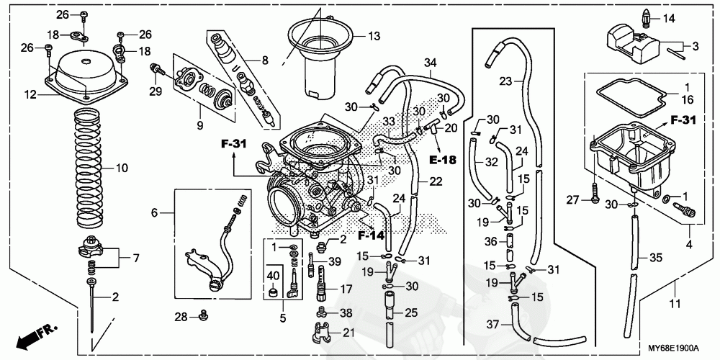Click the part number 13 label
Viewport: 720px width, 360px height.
[x=374, y=36]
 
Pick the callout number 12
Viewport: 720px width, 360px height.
[x=30, y=96]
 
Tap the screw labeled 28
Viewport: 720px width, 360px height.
[x=203, y=315]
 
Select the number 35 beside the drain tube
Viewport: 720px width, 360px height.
[x=656, y=258]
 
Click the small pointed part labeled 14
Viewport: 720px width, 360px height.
[x=644, y=19]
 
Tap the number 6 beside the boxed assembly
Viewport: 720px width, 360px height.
[x=154, y=212]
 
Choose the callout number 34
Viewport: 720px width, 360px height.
[x=430, y=61]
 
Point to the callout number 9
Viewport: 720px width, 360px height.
[x=200, y=125]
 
